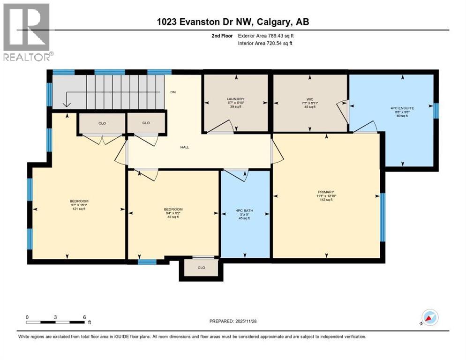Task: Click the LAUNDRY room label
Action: [236, 99]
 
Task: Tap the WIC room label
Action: [310, 99]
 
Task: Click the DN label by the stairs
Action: [173, 92]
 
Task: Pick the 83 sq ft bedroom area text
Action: [173, 217]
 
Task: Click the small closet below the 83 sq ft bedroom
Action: [201, 268]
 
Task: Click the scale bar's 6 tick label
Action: [84, 317]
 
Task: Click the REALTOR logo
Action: [27, 31]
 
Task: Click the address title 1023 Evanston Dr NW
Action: [233, 22]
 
